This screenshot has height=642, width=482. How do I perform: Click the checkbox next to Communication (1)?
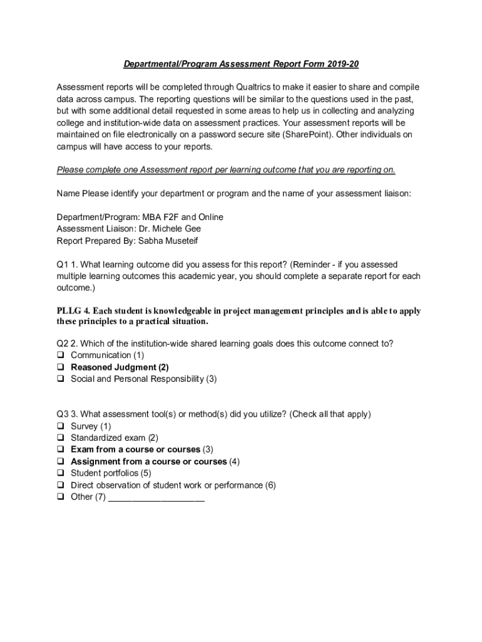tap(61, 355)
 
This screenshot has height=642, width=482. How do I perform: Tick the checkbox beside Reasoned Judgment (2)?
tap(61, 367)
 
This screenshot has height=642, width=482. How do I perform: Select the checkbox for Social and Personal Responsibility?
tap(61, 379)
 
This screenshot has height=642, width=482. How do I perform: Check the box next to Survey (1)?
tap(61, 426)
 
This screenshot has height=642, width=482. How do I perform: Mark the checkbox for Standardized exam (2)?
tap(61, 438)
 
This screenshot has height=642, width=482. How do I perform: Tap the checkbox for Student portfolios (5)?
tap(61, 473)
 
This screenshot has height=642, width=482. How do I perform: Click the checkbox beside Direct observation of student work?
tap(61, 485)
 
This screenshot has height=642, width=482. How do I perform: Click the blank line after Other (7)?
tap(156, 498)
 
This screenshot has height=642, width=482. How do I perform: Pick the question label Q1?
tap(63, 265)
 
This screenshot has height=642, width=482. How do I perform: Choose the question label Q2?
tap(63, 344)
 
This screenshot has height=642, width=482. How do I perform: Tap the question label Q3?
tap(63, 414)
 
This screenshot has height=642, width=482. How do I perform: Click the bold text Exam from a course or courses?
tap(135, 450)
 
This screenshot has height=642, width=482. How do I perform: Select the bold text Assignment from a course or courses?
tap(148, 461)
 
